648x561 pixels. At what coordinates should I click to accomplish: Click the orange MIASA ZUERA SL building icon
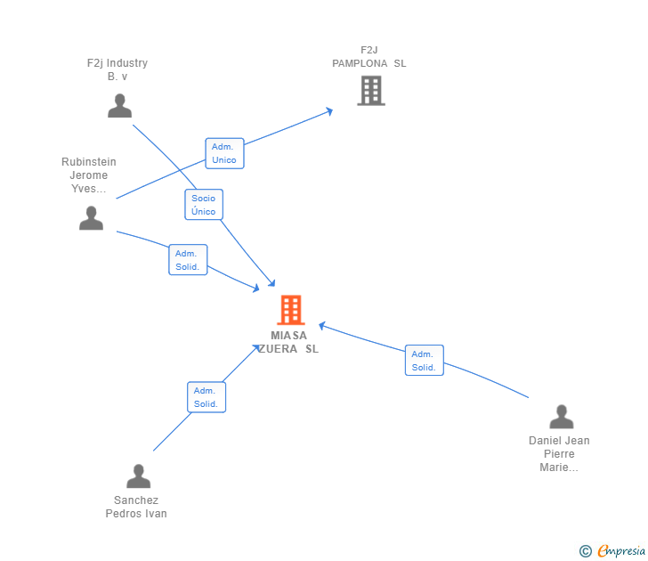coord(291,310)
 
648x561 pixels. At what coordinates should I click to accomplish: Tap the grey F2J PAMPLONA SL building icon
coord(370,90)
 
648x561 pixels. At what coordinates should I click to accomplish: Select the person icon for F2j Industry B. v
coord(119,106)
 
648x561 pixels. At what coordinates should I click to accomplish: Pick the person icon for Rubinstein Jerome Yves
coord(91,218)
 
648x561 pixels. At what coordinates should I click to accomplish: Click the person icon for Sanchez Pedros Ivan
coord(138,476)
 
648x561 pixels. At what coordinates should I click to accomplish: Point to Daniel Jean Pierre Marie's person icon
coord(561,417)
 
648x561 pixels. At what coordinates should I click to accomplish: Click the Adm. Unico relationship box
coord(224,153)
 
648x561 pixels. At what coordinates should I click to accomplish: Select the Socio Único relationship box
coord(204,205)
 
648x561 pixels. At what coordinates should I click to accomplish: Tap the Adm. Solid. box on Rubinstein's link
coord(188,260)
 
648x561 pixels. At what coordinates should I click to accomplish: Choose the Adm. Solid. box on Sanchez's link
coord(207,397)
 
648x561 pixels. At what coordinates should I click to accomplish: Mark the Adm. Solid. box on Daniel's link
coord(424,361)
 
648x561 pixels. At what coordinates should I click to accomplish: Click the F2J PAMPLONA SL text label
coord(369,57)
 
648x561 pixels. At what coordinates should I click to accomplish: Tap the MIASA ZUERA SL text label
coord(289,342)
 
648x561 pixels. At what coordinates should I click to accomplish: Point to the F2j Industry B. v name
coord(117,69)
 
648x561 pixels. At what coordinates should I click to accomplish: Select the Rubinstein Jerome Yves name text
coord(89,175)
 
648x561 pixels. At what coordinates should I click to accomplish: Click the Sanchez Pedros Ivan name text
coord(136,507)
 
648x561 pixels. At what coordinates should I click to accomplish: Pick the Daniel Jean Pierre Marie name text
coord(559,454)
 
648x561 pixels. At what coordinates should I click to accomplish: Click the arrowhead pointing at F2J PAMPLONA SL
coord(328,111)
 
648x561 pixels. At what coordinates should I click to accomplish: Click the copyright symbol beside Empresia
coord(586,552)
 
